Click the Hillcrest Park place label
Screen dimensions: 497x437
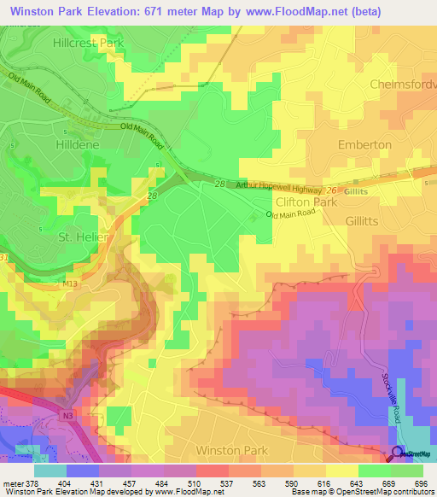[88, 41]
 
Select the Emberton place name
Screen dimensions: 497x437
[364, 145]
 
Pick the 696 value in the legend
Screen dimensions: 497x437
[419, 482]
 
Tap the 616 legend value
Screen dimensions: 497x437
[321, 482]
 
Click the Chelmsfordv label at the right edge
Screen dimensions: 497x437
[403, 84]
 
